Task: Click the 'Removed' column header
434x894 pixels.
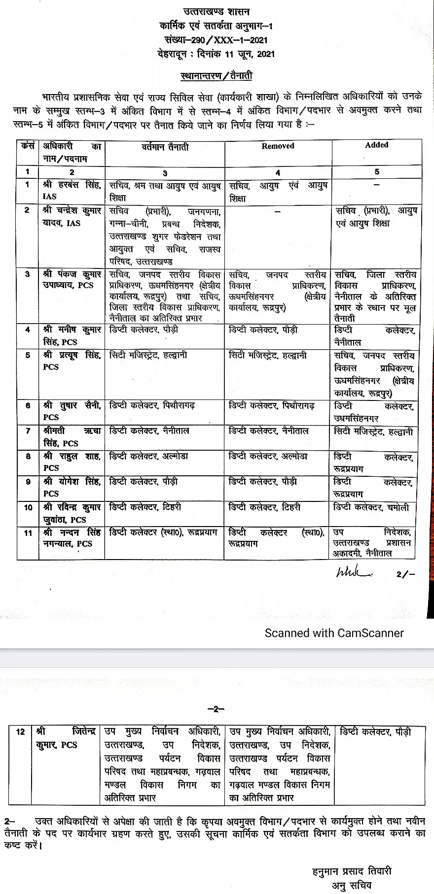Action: tap(278, 146)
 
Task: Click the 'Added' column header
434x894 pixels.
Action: tap(377, 145)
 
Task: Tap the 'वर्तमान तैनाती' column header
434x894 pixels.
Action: tap(165, 147)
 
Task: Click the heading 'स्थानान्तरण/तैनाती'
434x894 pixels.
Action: tap(217, 76)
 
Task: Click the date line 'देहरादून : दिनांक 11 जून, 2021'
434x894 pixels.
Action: tap(217, 54)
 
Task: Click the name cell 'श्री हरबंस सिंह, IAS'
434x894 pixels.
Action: tap(72, 191)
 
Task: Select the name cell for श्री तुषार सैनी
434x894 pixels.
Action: tap(72, 411)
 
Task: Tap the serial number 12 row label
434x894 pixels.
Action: tap(20, 731)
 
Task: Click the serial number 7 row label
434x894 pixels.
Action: tap(28, 431)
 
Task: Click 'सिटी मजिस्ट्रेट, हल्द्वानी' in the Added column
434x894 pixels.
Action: tap(373, 431)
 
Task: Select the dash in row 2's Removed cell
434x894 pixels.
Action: tap(278, 211)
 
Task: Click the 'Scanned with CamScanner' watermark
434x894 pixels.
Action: tap(334, 633)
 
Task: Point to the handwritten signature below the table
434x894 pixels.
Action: tap(354, 573)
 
